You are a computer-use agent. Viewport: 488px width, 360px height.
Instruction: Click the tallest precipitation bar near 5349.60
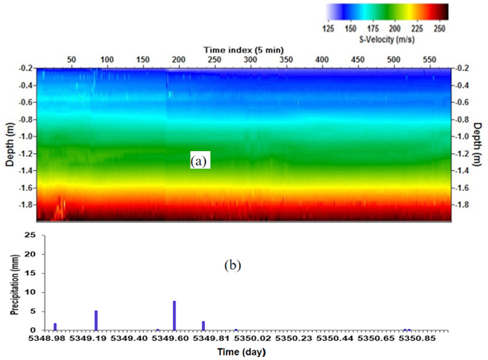click(175, 315)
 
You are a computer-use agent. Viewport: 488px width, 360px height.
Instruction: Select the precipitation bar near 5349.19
click(96, 320)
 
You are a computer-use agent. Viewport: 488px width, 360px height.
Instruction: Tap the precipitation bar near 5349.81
click(203, 325)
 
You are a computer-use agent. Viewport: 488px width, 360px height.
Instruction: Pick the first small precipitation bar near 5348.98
click(55, 327)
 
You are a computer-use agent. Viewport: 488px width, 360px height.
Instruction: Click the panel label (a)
click(200, 159)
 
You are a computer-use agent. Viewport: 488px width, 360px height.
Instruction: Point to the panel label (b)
click(233, 265)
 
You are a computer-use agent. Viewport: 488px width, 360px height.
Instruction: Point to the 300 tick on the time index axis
click(250, 60)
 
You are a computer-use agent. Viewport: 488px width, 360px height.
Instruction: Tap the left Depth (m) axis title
click(9, 144)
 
